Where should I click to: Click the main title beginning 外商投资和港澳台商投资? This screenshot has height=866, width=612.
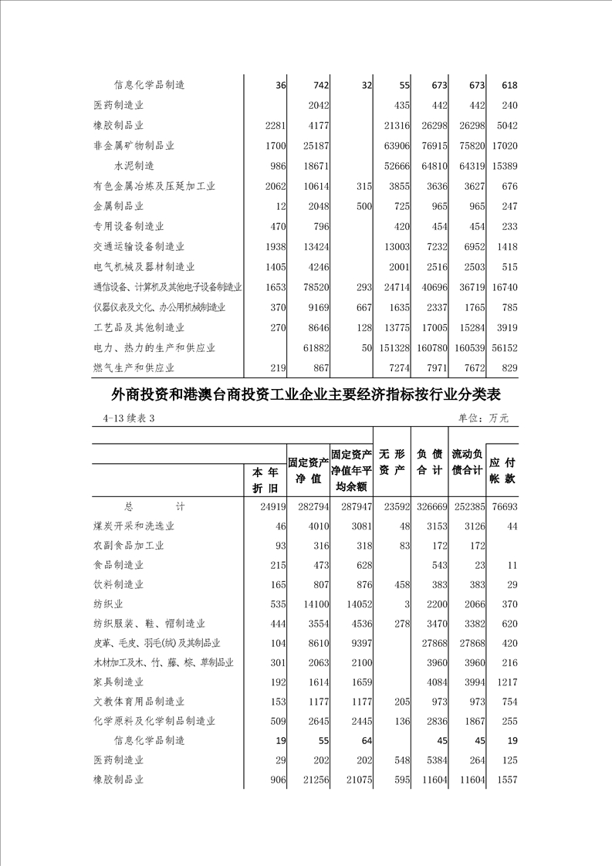pos(306,395)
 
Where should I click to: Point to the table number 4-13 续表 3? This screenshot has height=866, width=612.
pos(134,418)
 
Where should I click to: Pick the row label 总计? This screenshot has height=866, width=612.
pos(154,506)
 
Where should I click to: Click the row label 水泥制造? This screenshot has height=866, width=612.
pos(134,166)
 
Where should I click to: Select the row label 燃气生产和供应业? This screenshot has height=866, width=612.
pos(134,367)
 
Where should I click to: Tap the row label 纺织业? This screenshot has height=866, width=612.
pos(108,604)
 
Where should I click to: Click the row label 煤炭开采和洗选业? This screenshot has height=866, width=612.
pos(134,526)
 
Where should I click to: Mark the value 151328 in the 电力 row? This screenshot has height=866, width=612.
pos(392,348)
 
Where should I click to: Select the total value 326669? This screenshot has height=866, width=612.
pos(429,506)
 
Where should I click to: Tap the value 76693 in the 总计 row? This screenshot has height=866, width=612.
pos(502,506)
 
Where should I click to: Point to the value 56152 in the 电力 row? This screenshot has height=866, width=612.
pos(502,348)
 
